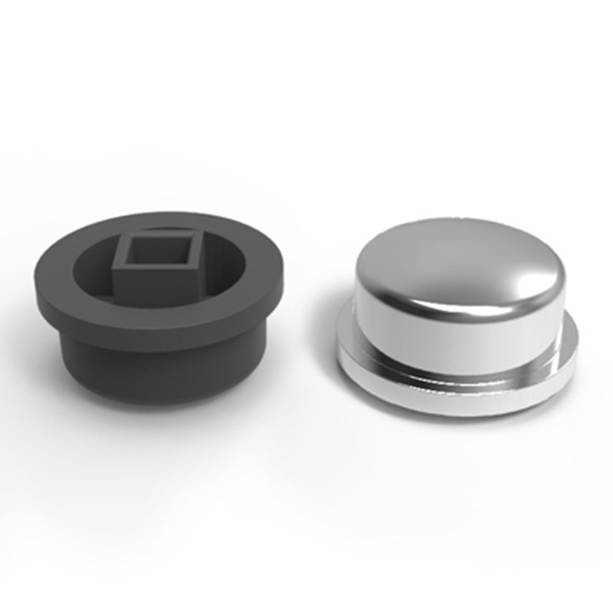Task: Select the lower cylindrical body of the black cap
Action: pos(153,375)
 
